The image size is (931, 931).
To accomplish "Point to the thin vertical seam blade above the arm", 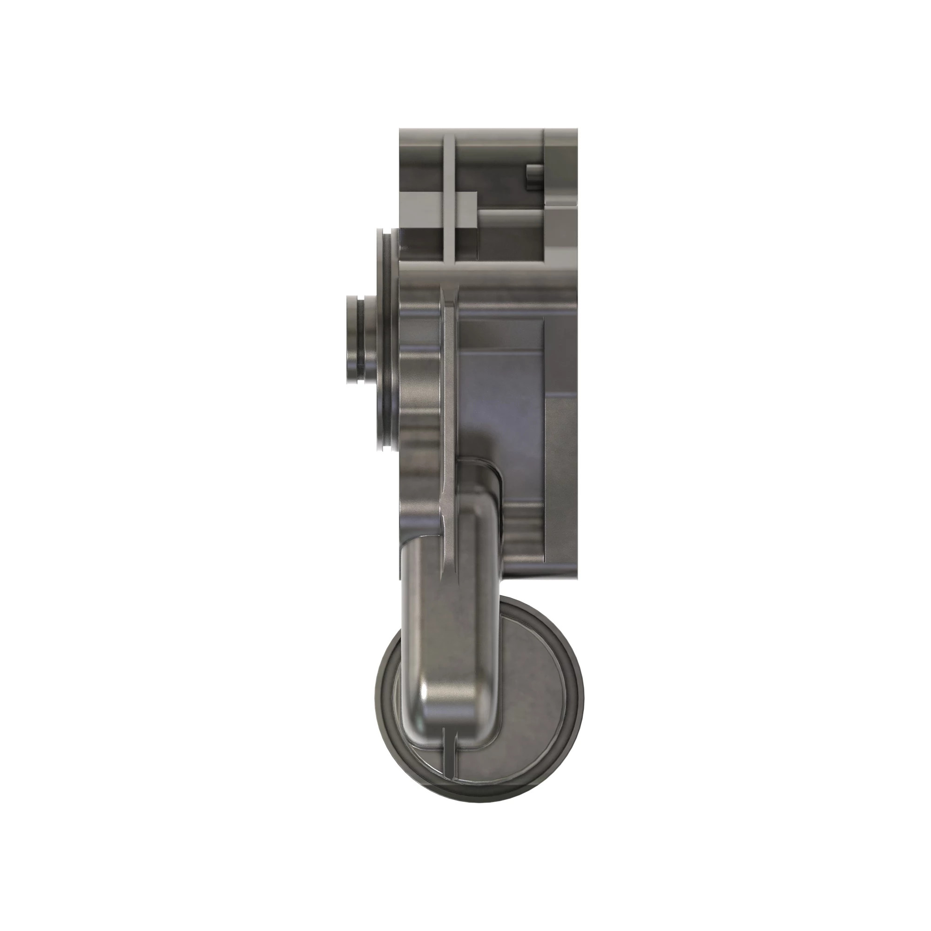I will pyautogui.click(x=449, y=385).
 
